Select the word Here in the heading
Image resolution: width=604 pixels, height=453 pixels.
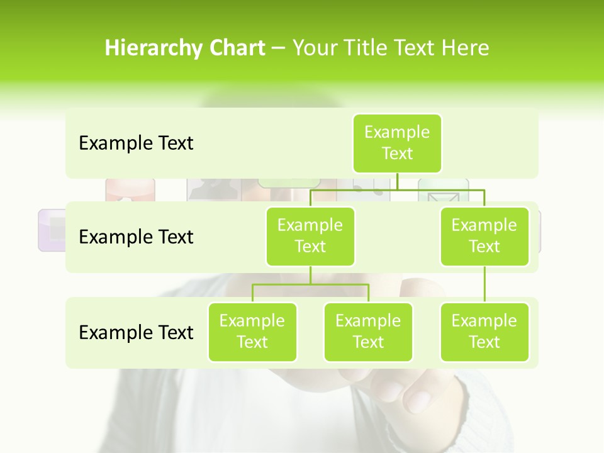(466, 48)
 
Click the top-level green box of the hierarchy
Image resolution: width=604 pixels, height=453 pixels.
(397, 143)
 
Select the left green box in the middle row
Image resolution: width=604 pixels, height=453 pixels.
(310, 236)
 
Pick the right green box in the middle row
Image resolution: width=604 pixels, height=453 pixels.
(484, 236)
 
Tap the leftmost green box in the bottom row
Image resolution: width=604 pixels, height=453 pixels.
(252, 332)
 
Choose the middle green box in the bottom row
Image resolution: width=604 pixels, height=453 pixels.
(368, 332)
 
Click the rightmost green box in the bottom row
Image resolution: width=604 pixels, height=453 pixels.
(484, 332)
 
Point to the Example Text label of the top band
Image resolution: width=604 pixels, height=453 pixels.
(136, 143)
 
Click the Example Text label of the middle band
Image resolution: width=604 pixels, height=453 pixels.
(136, 237)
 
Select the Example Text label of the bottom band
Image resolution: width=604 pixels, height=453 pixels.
(136, 332)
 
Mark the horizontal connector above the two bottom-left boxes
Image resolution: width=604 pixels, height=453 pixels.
(310, 284)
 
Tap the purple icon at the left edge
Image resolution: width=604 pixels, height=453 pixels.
(52, 230)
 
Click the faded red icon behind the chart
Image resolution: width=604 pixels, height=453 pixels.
(130, 189)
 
